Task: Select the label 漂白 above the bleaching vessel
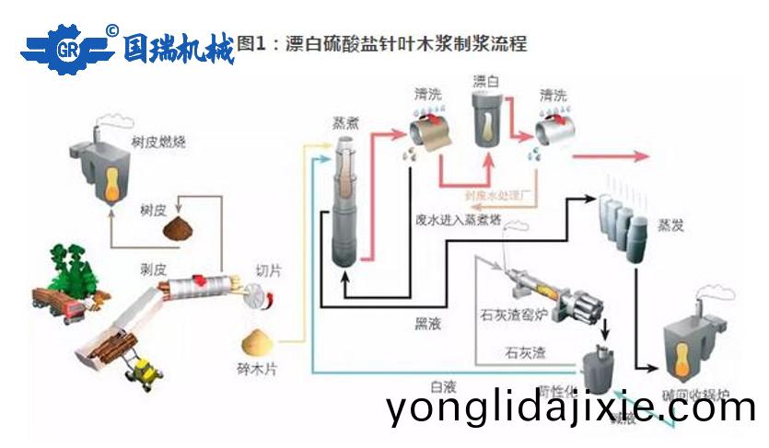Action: (485, 81)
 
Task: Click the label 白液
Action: (443, 385)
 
